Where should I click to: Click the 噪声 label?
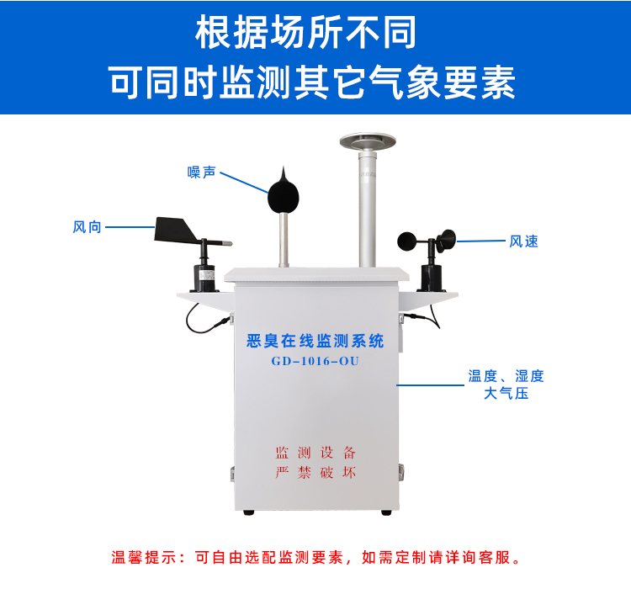(x=202, y=172)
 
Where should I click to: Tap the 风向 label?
(x=87, y=226)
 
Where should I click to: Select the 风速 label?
(x=523, y=241)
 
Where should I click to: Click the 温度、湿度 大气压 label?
(x=506, y=385)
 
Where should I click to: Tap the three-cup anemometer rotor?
(x=429, y=239)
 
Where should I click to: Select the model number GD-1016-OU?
(x=315, y=362)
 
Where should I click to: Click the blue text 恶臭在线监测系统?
(x=315, y=341)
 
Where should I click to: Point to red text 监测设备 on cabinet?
(x=315, y=453)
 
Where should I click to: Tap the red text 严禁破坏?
(x=315, y=472)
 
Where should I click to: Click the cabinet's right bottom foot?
(x=385, y=511)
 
